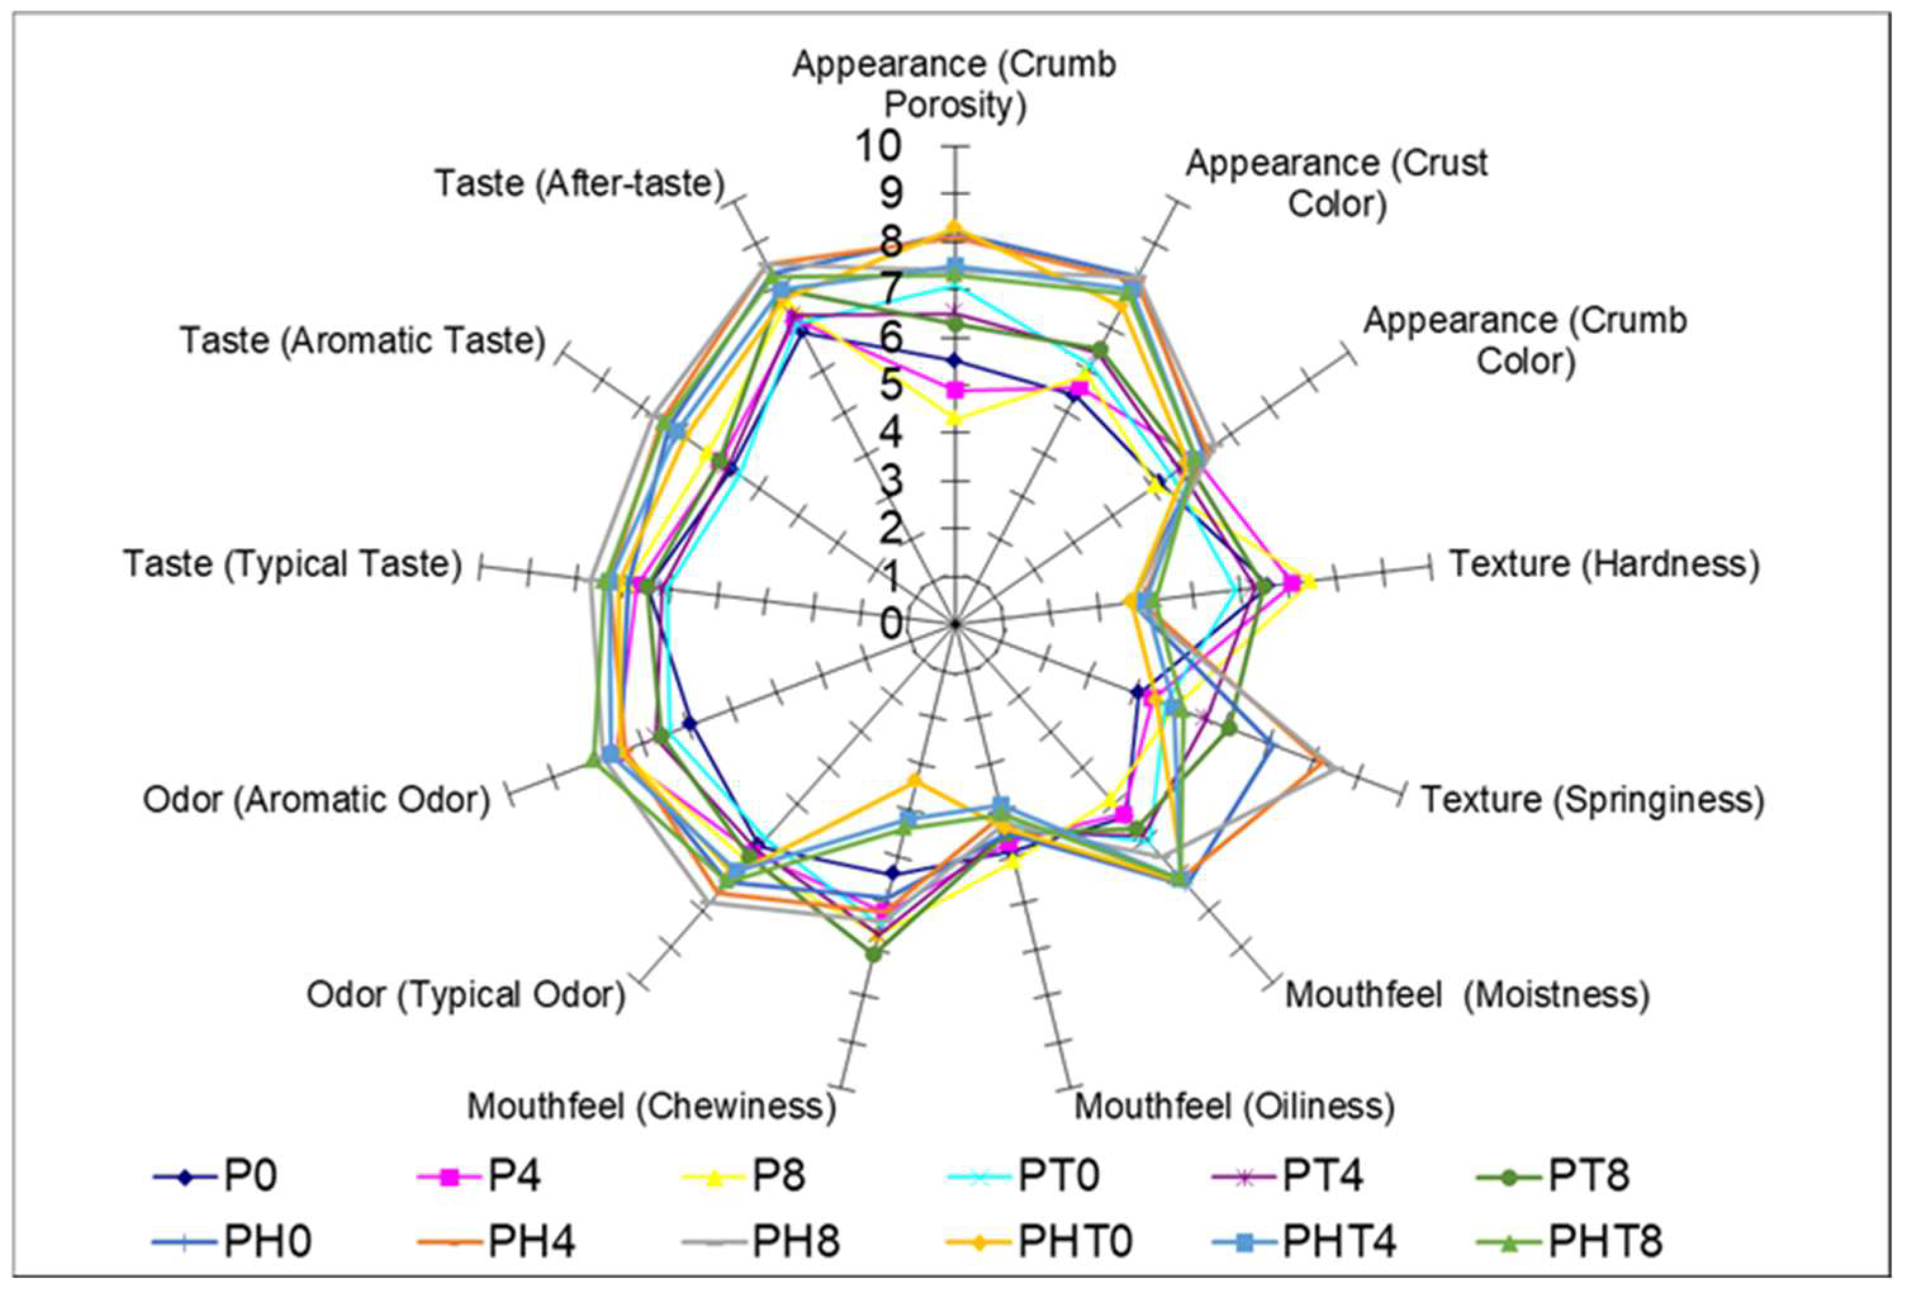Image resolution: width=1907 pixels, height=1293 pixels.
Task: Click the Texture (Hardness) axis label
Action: (x=1605, y=564)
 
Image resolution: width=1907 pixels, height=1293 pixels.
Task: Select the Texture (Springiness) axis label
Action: (x=1592, y=800)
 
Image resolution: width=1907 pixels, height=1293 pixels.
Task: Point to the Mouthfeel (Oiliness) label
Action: (x=1234, y=1107)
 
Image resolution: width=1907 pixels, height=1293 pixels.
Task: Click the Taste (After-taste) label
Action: (x=579, y=184)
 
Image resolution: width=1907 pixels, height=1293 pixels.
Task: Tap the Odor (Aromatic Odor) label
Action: (x=317, y=800)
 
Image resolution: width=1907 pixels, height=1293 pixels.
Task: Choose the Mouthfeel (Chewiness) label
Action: (x=651, y=1107)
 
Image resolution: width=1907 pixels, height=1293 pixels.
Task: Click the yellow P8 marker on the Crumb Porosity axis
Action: (x=953, y=417)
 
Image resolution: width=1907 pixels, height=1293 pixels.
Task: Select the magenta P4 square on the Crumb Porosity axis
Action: (x=953, y=390)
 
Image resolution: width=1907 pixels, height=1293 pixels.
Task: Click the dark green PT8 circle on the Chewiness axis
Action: (x=874, y=954)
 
